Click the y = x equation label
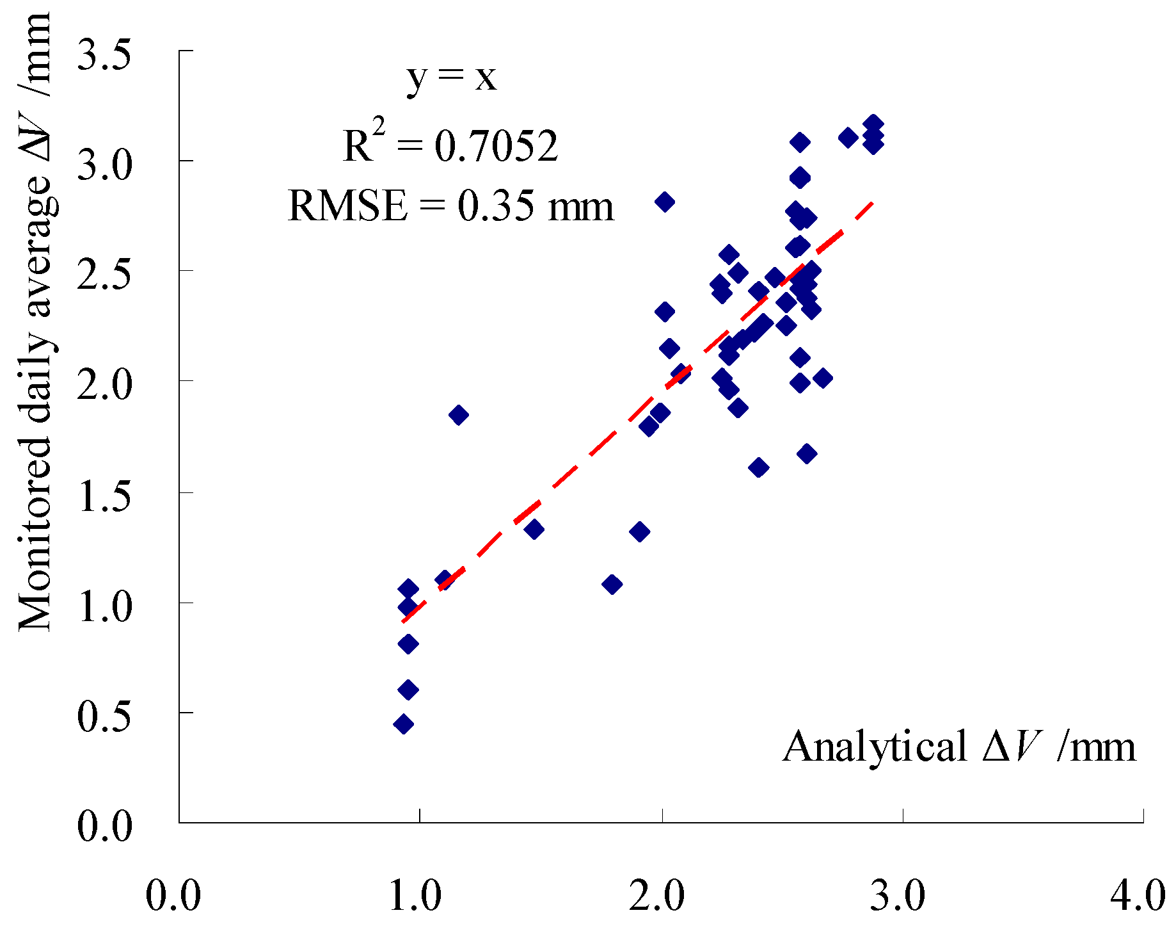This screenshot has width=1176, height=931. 452,78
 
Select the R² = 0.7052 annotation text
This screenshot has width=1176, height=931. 450,145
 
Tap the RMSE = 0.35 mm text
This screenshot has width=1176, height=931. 451,207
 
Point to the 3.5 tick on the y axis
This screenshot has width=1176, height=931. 104,54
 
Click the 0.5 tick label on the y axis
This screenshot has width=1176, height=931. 104,716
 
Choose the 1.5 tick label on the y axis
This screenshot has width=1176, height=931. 104,496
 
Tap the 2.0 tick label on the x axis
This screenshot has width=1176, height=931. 657,895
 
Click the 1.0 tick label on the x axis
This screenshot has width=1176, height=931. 415,895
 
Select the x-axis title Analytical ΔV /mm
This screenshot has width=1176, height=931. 959,747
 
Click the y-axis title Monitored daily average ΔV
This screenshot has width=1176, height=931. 35,320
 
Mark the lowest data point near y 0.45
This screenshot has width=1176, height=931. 403,724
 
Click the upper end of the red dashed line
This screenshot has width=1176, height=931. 871,203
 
